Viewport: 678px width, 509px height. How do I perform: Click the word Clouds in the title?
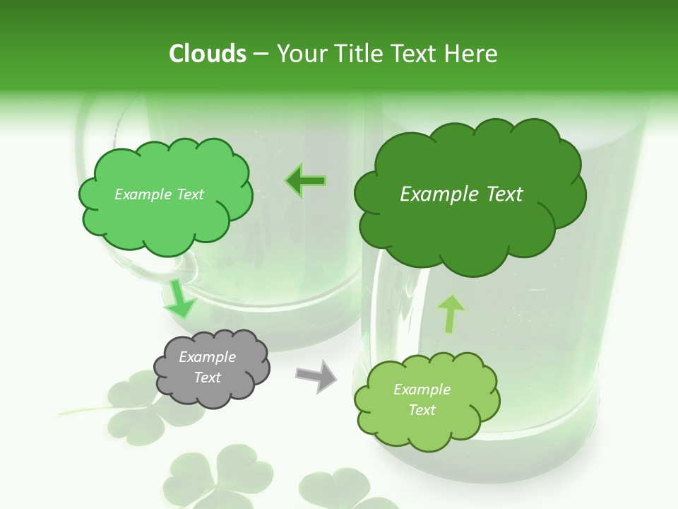tap(208, 54)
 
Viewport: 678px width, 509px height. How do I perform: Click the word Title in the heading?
tap(357, 54)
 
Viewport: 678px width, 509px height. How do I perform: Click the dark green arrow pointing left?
tap(306, 181)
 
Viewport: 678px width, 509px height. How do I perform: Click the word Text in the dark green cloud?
tap(505, 194)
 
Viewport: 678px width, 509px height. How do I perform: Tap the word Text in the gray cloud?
tap(208, 378)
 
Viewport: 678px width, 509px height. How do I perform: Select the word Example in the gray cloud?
tap(208, 357)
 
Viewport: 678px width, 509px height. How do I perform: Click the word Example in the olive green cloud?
tap(422, 390)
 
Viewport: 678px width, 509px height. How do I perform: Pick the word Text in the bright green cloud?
tap(189, 194)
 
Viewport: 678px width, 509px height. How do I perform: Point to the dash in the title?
tap(261, 54)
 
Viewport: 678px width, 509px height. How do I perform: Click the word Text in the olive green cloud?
tap(422, 410)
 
